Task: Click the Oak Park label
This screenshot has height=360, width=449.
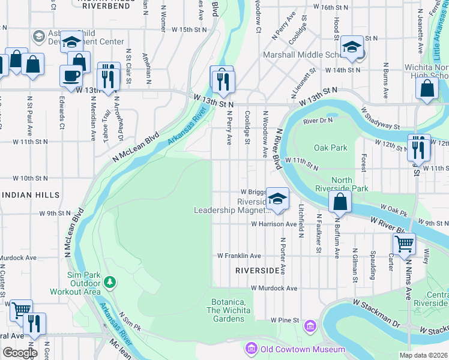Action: pyautogui.click(x=330, y=148)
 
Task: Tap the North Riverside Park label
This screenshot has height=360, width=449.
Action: pyautogui.click(x=351, y=185)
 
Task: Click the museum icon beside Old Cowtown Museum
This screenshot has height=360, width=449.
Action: pyautogui.click(x=251, y=349)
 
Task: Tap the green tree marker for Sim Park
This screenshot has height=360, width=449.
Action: pyautogui.click(x=109, y=281)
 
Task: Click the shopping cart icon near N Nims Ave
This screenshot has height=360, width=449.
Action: pyautogui.click(x=405, y=244)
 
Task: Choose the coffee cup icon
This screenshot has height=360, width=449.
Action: pyautogui.click(x=71, y=76)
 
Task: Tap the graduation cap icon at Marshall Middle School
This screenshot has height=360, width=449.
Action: pyautogui.click(x=351, y=49)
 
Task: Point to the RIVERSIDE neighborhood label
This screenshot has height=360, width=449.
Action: pyautogui.click(x=258, y=271)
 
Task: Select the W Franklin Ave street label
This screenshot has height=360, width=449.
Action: pyautogui.click(x=239, y=255)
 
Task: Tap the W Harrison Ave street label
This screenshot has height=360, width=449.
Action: pyautogui.click(x=274, y=224)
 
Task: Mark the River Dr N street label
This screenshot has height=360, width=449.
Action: pyautogui.click(x=318, y=121)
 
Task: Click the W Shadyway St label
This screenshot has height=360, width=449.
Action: pyautogui.click(x=380, y=118)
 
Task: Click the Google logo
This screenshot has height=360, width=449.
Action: pyautogui.click(x=19, y=353)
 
